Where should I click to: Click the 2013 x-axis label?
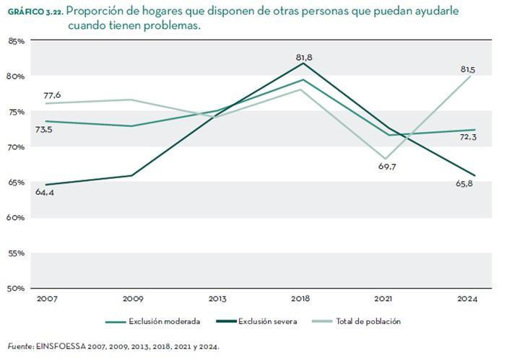pos(217,298)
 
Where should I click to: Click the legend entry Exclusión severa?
pos(265,321)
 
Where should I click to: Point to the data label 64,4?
pos(45,193)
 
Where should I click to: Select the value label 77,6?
pos(53,95)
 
